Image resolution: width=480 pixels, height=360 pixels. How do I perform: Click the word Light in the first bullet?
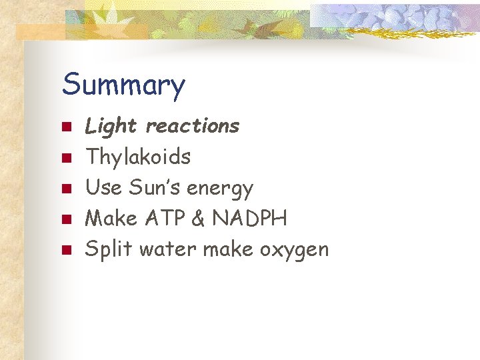111,126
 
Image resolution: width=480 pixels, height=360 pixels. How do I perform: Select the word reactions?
192,125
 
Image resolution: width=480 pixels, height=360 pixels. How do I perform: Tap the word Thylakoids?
138,157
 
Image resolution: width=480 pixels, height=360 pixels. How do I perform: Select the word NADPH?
253,219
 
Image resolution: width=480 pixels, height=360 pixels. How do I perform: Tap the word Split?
109,250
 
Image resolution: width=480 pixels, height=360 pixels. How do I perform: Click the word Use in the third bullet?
101,188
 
